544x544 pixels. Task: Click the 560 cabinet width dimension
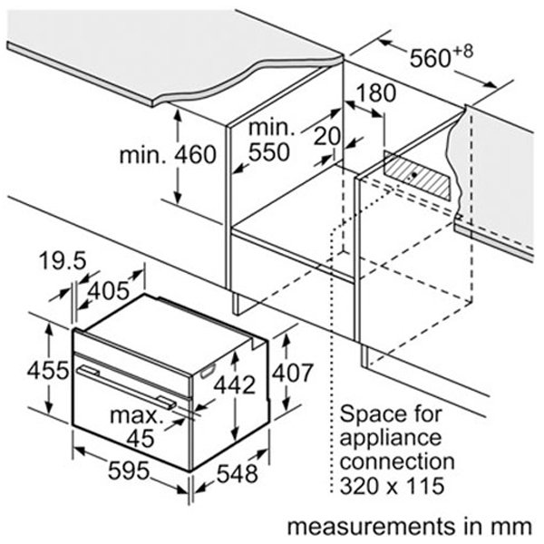[x=430, y=58]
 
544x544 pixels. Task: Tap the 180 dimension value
[x=375, y=93]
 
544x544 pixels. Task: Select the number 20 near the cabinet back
[x=326, y=135]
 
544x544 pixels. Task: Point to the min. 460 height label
[x=168, y=155]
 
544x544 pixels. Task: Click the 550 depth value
[x=269, y=152]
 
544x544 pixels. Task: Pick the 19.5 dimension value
[x=63, y=260]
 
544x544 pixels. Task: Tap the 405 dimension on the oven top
[x=108, y=291]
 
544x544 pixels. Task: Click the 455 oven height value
[x=48, y=370]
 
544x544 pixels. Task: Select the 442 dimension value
[x=235, y=384]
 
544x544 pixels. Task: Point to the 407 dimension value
[x=293, y=373]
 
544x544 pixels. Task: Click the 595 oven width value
[x=129, y=471]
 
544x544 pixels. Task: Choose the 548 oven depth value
[x=238, y=473]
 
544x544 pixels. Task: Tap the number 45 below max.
[x=141, y=438]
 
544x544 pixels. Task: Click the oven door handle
[x=127, y=387]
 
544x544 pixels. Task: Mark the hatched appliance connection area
[x=417, y=176]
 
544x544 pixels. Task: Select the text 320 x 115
[x=392, y=485]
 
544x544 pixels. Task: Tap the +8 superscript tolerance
[x=463, y=52]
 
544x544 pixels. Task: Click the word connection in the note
[x=397, y=461]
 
